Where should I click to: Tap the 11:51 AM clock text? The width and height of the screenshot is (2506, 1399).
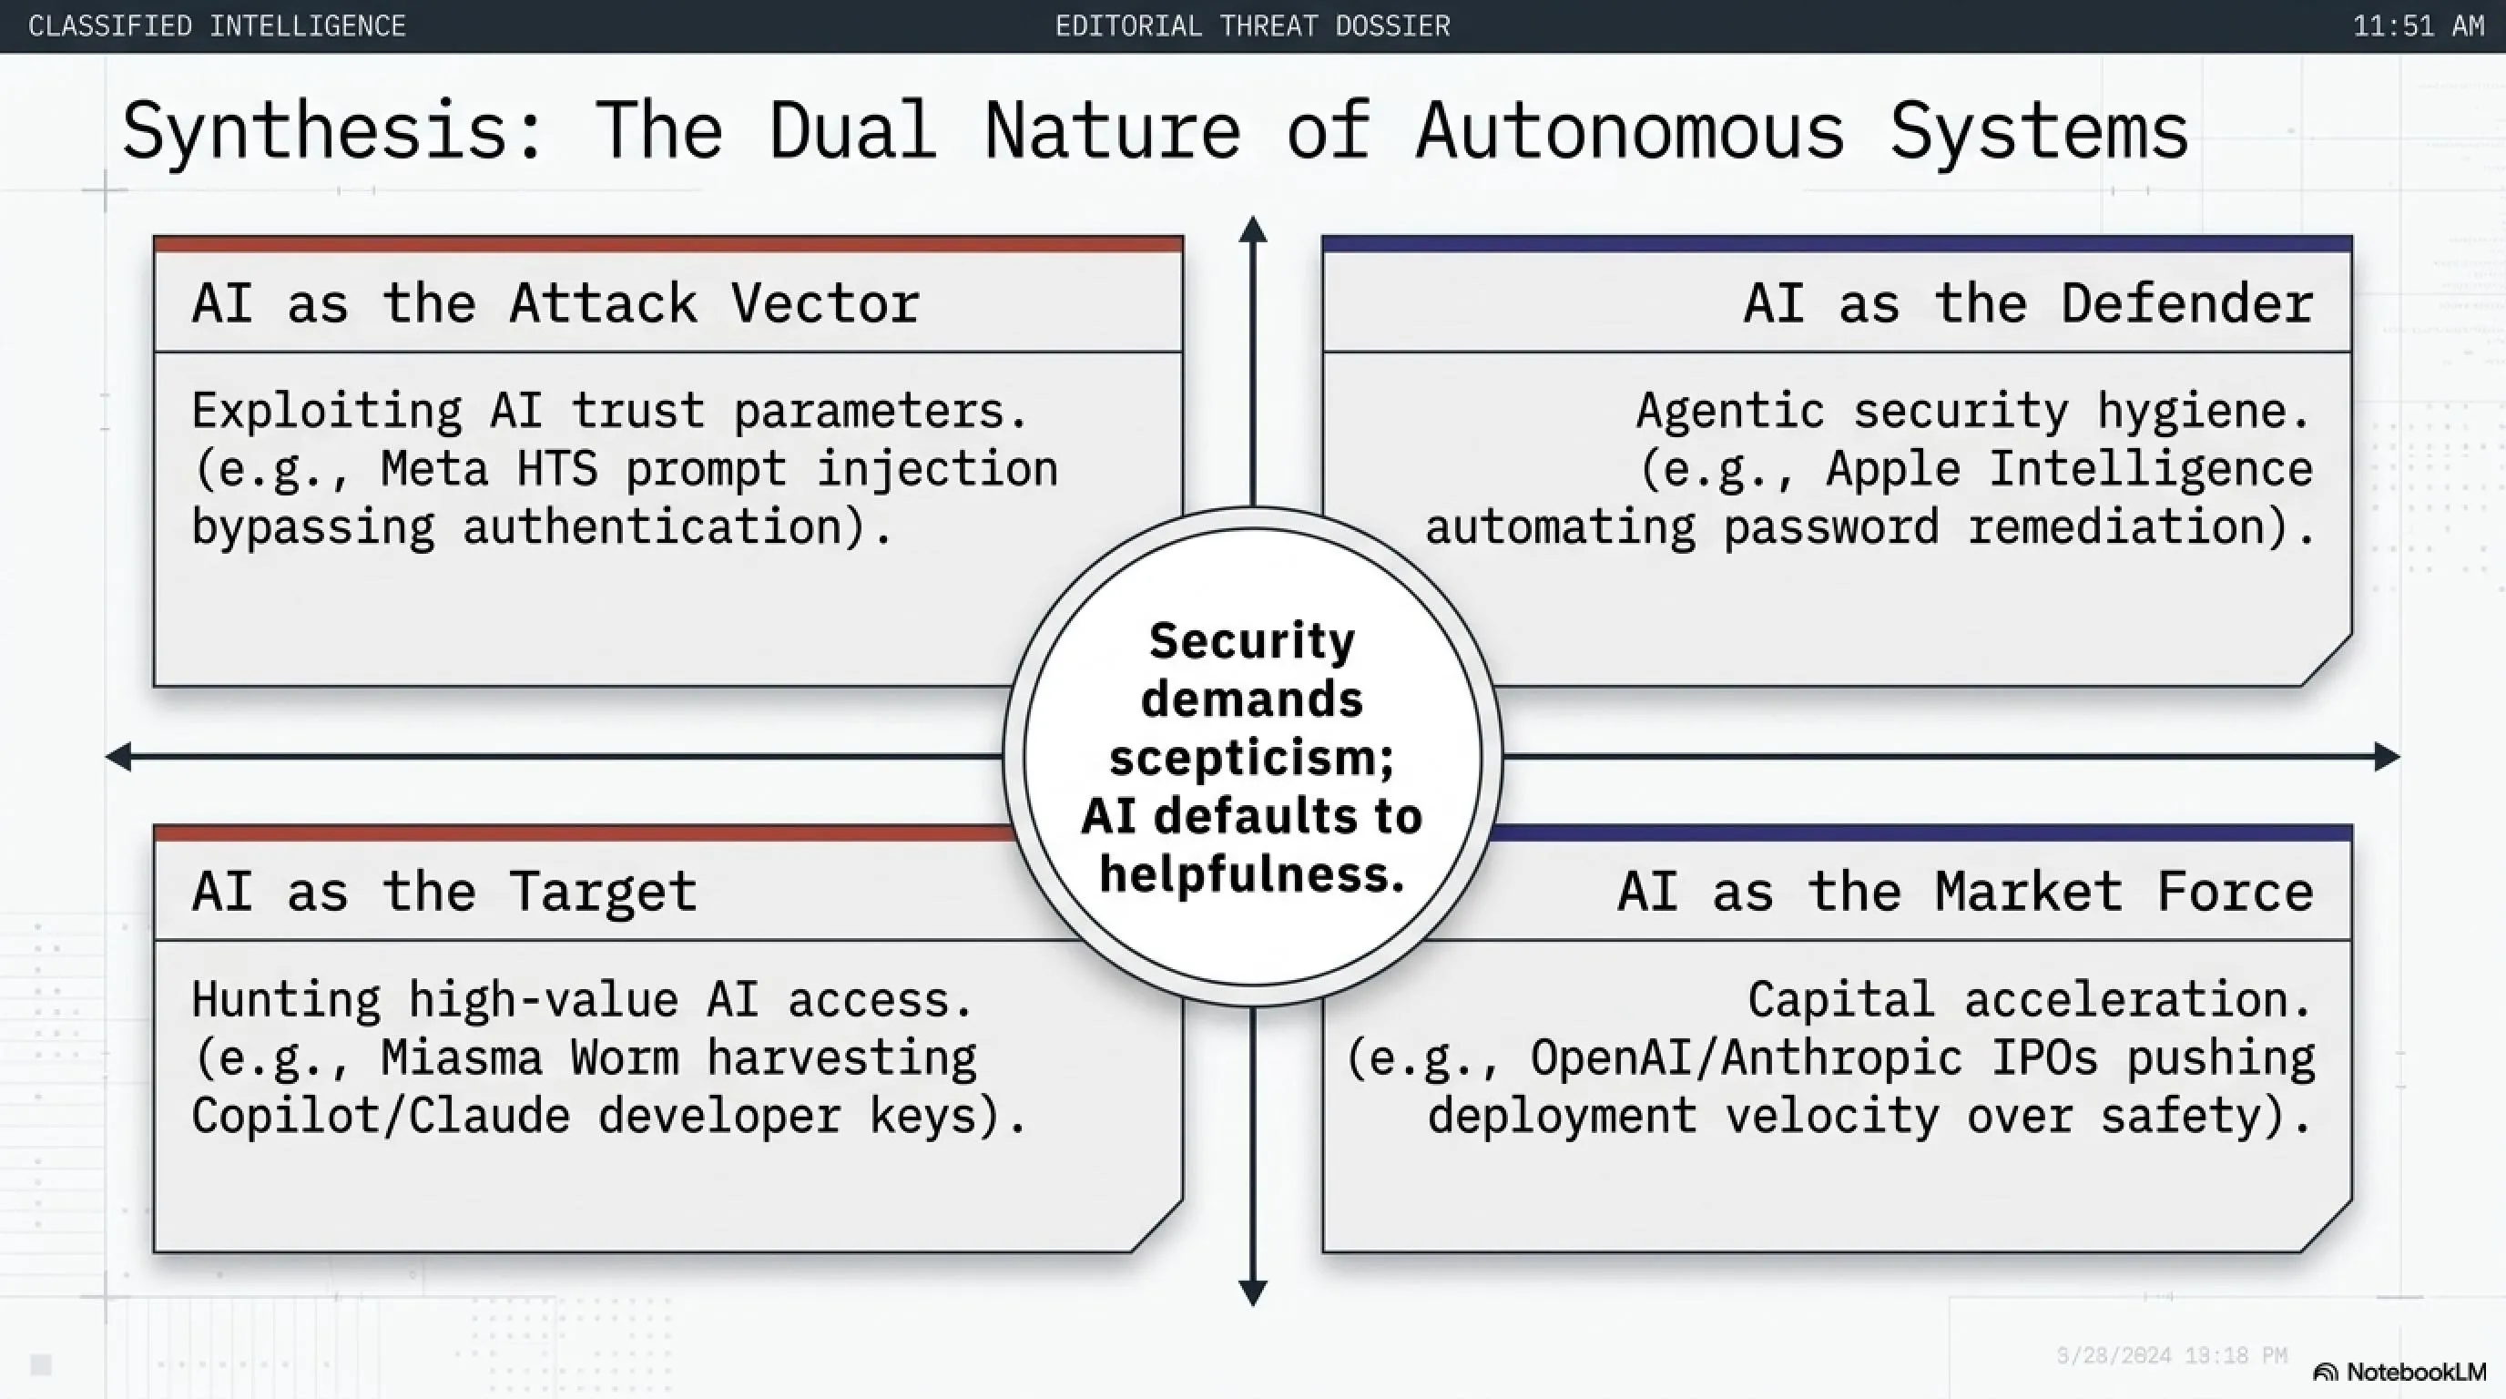pyautogui.click(x=2419, y=26)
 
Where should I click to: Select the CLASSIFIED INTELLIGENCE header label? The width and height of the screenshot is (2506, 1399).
pyautogui.click(x=217, y=26)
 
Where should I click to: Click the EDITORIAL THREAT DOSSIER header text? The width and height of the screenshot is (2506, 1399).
pyautogui.click(x=1253, y=26)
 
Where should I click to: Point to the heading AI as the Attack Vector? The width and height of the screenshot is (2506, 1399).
pyautogui.click(x=555, y=302)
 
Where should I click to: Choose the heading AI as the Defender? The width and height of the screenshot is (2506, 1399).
pyautogui.click(x=2028, y=302)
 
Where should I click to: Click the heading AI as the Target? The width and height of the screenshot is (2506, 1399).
pyautogui.click(x=444, y=891)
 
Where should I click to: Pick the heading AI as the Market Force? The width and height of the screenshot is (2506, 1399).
pyautogui.click(x=1965, y=891)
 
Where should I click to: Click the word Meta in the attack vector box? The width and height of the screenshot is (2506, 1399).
pyautogui.click(x=433, y=469)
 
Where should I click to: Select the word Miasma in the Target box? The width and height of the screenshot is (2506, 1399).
pyautogui.click(x=461, y=1057)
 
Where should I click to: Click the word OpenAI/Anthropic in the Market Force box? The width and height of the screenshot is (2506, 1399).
pyautogui.click(x=1747, y=1057)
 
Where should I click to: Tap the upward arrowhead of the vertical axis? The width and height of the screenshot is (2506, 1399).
pyautogui.click(x=1253, y=229)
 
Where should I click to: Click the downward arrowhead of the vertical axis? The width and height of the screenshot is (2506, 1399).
pyautogui.click(x=1253, y=1293)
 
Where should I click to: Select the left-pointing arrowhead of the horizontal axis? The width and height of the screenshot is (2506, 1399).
pyautogui.click(x=118, y=757)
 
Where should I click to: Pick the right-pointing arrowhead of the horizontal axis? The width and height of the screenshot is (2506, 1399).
pyautogui.click(x=2388, y=757)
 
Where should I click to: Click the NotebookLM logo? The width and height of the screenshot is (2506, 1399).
pyautogui.click(x=2400, y=1372)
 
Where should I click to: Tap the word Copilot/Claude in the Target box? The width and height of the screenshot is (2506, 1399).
pyautogui.click(x=381, y=1116)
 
